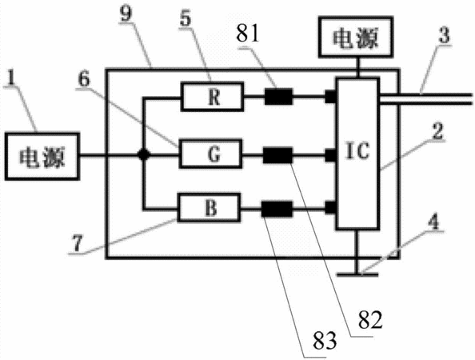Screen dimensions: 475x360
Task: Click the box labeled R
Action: pos(212,97)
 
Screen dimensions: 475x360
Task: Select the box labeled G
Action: pos(211,154)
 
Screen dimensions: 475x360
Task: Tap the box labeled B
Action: pos(209,208)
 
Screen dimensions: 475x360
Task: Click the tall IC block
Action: pos(357,154)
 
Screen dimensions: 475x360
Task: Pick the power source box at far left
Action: pos(42,156)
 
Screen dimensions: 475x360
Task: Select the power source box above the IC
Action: pos(356,37)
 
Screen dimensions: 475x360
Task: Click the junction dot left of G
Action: pos(144,155)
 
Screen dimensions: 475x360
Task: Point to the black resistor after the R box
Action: pos(279,97)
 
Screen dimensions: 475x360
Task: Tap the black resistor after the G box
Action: pos(277,155)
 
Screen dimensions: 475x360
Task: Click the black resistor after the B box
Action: pos(277,209)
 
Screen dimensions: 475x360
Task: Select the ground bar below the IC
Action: pos(357,274)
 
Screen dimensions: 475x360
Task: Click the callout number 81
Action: pos(248,34)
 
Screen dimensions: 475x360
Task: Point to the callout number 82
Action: pos(370,320)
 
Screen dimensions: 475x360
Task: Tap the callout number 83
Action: pos(325,341)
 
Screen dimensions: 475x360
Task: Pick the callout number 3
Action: pos(444,35)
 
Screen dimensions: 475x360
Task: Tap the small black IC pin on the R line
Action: pos(330,97)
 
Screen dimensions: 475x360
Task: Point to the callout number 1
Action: pos(11,78)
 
